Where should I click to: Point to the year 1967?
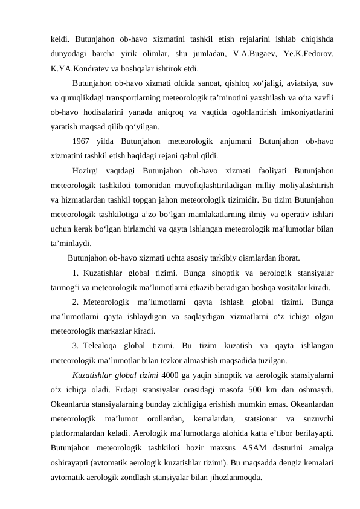[x=83, y=141]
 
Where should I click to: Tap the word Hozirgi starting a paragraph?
[x=87, y=171]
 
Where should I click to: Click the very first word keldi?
[x=60, y=39]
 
